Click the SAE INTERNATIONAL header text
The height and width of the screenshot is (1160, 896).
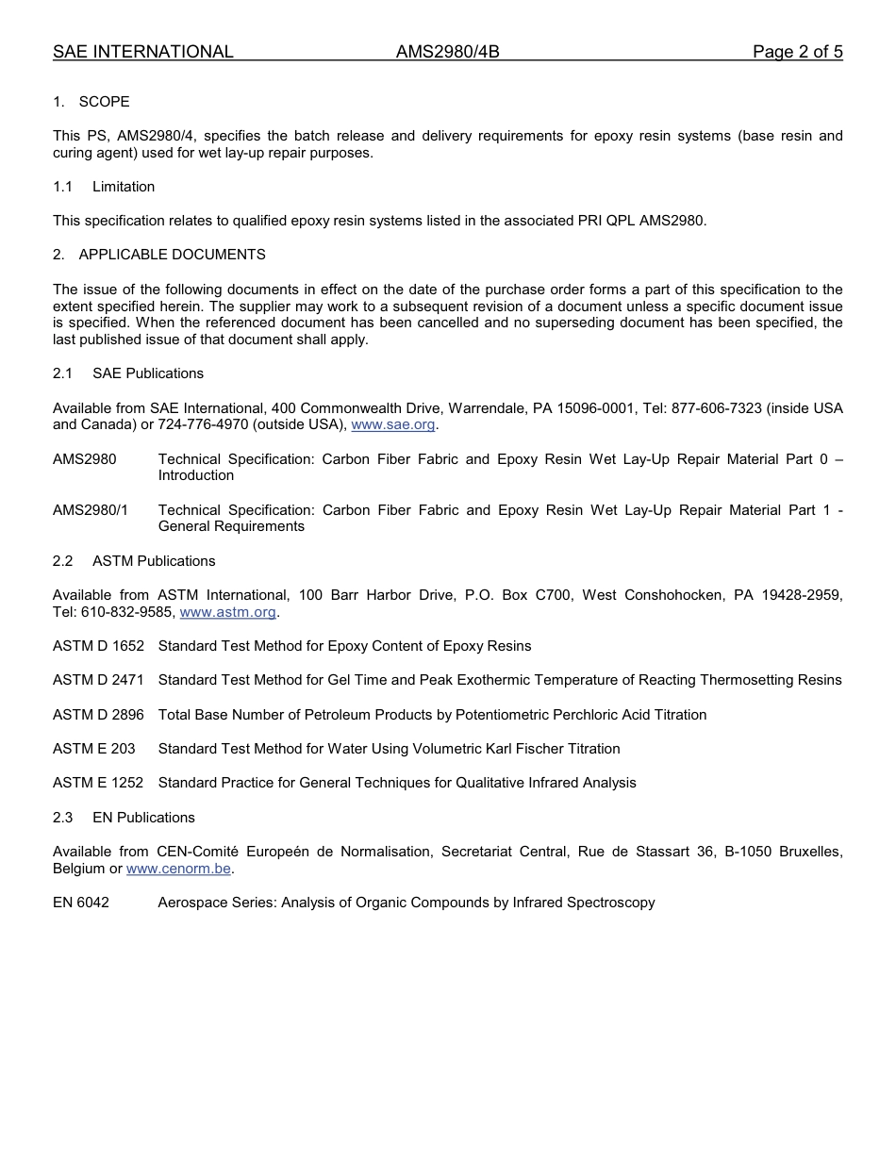tap(142, 52)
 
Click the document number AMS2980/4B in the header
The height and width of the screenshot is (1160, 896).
tap(447, 52)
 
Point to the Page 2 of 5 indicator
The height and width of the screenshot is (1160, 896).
tap(797, 52)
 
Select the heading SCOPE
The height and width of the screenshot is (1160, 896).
tap(104, 102)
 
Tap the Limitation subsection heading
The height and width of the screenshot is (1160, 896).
tap(123, 187)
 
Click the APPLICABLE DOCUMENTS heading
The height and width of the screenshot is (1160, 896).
tap(172, 255)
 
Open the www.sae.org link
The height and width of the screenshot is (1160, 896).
tap(392, 425)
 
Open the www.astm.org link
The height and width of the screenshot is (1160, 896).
tap(227, 612)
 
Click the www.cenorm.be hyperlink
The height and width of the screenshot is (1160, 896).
tap(178, 869)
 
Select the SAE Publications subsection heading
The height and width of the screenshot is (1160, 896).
tap(147, 373)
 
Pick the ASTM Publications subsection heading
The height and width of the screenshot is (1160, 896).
tap(154, 561)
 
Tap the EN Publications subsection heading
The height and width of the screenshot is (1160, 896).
tap(143, 818)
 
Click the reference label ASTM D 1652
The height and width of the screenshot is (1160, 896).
tap(98, 646)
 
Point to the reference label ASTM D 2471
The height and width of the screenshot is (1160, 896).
tap(98, 680)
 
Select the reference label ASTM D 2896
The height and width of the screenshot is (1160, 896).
tap(98, 715)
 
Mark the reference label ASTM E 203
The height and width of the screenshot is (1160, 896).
tap(93, 749)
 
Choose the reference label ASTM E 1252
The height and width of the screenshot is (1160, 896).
tap(98, 783)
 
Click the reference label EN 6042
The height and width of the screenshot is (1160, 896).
tap(81, 903)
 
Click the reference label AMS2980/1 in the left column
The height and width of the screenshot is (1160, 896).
tap(91, 510)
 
